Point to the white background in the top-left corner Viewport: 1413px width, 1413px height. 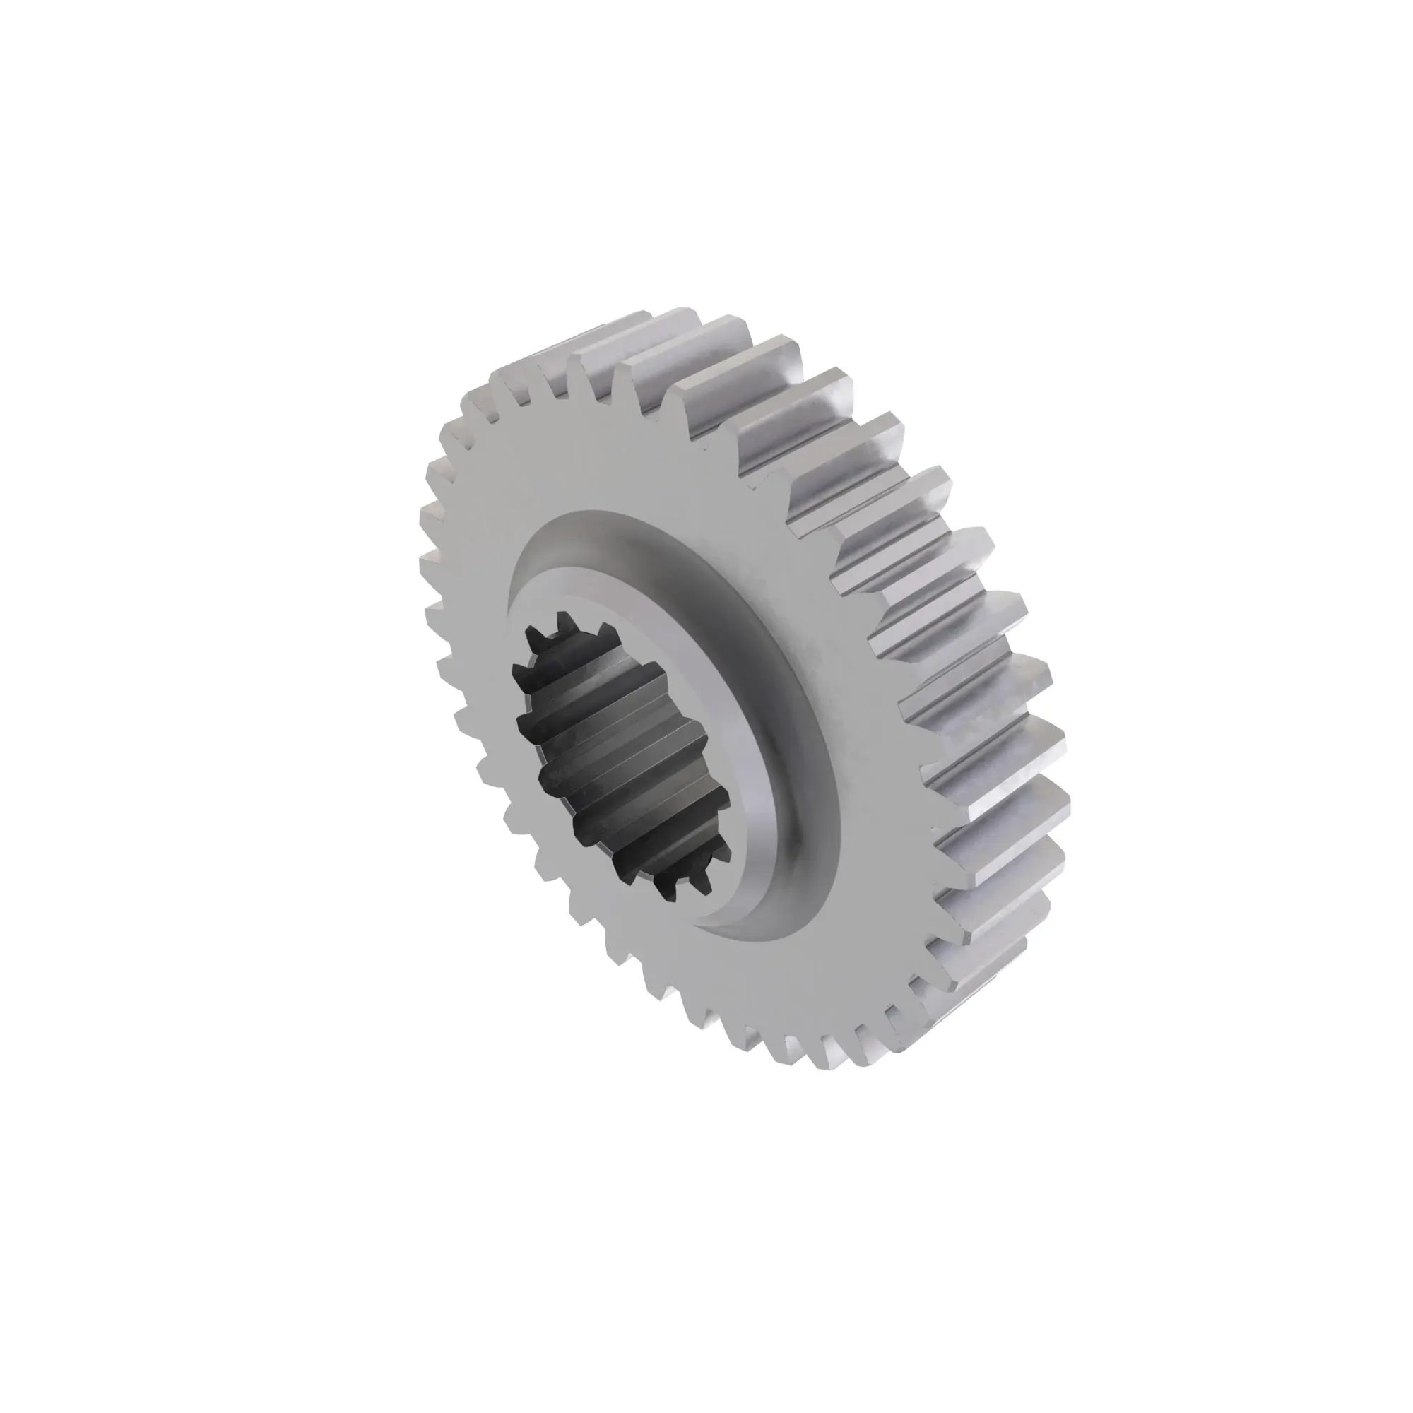coord(73,73)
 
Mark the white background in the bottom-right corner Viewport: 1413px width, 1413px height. coord(1338,1338)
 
